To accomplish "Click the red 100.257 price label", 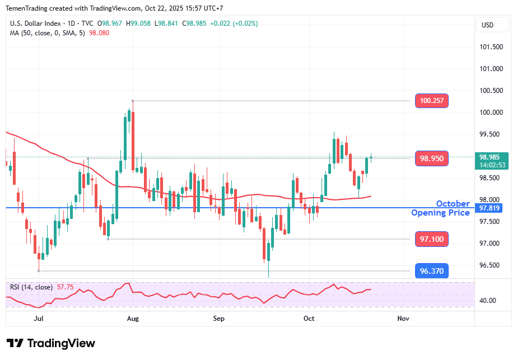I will tap(431, 101).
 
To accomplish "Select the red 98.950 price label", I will tap(431, 158).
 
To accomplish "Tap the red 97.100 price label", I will tap(431, 239).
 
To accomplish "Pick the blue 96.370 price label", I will tap(431, 271).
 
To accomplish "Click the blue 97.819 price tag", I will tap(491, 208).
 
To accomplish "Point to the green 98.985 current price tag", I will tap(493, 161).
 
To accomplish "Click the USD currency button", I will tap(487, 25).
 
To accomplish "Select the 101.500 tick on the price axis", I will tap(491, 47).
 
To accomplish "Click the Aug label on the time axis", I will tap(133, 319).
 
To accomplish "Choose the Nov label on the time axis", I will tap(402, 319).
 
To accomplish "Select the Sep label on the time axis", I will tap(218, 319).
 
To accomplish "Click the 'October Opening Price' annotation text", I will tap(441, 208).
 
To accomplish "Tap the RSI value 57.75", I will tap(65, 287).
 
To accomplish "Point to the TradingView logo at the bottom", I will tap(51, 343).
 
